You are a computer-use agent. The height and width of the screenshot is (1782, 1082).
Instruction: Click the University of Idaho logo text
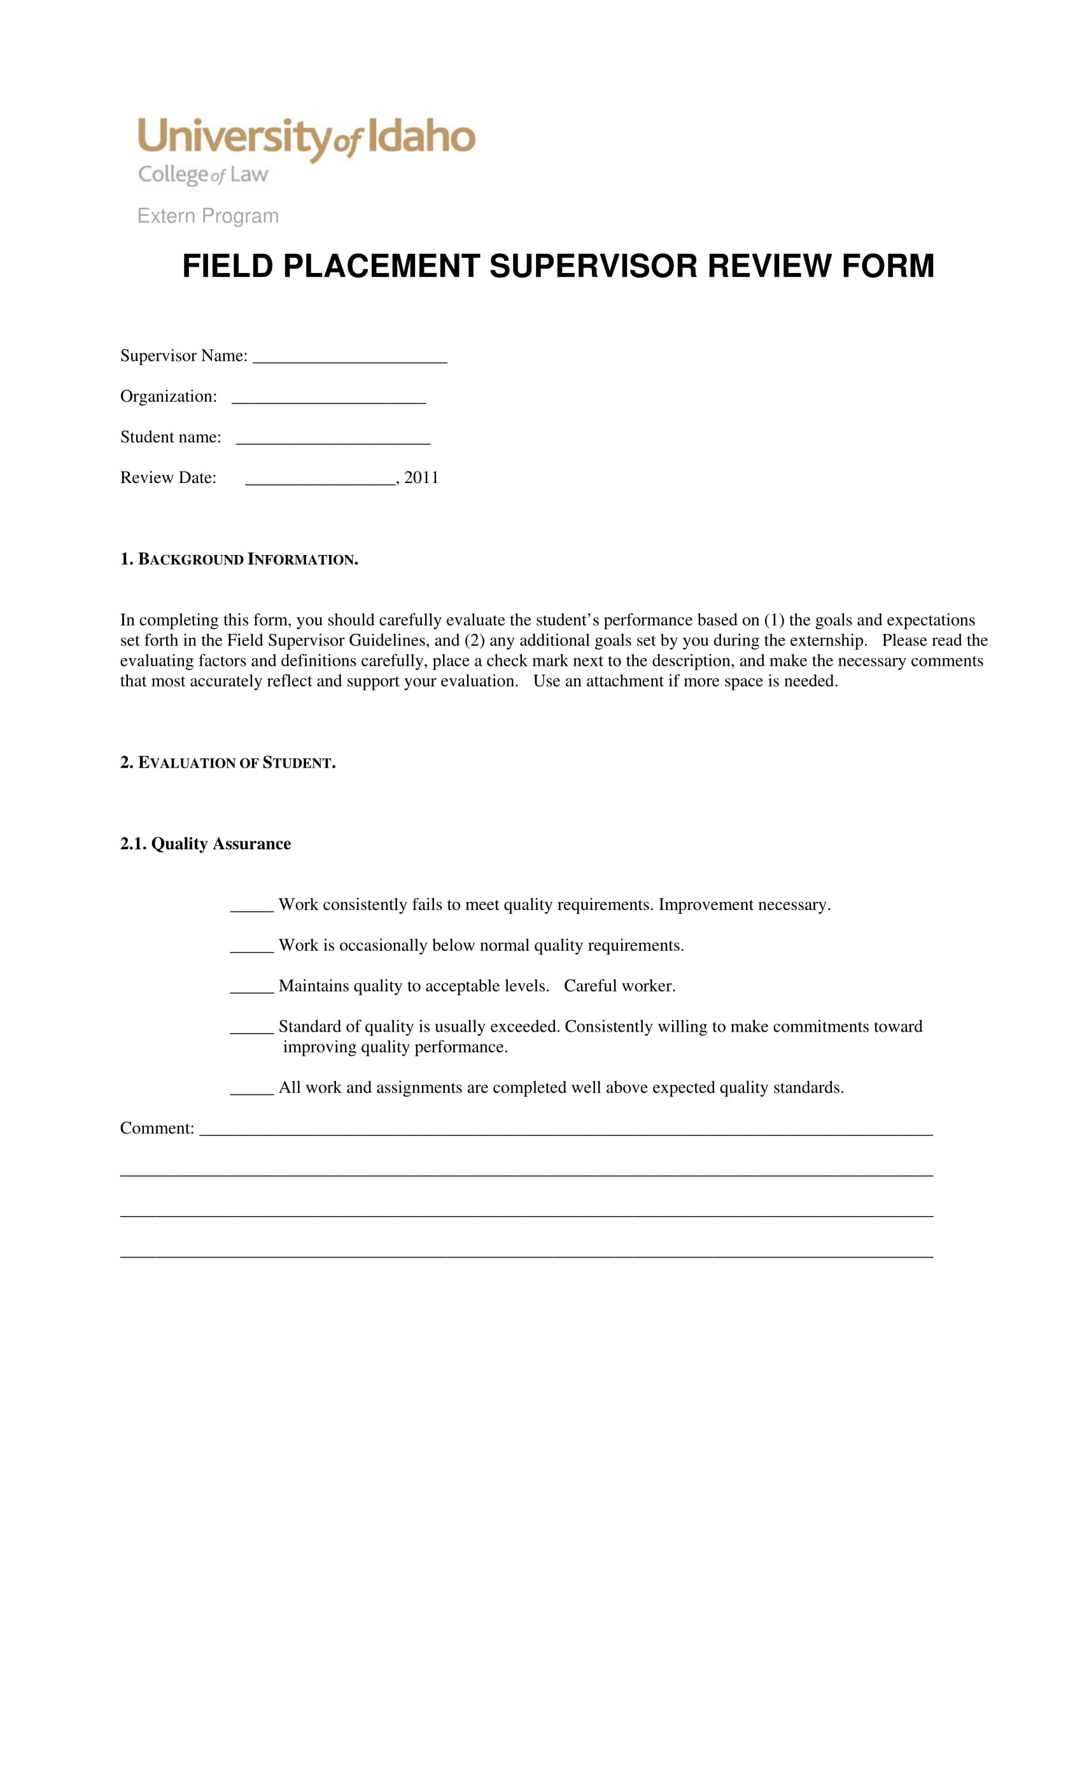click(x=306, y=137)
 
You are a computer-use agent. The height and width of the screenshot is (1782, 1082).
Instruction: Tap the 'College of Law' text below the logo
click(x=203, y=174)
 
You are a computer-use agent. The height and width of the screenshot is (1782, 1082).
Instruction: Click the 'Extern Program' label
click(x=207, y=216)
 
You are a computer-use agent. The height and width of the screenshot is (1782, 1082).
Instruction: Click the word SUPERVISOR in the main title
click(x=593, y=266)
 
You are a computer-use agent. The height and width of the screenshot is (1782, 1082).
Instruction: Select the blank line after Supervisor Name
click(x=349, y=357)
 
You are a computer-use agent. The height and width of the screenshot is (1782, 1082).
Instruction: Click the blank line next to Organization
click(x=328, y=398)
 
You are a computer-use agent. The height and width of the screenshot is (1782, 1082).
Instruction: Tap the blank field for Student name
click(x=333, y=438)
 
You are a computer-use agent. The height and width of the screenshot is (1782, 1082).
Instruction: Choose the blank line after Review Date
click(x=320, y=479)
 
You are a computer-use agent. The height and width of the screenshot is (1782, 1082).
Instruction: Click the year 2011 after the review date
click(x=421, y=477)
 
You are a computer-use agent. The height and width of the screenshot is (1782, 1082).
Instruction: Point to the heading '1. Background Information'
click(x=239, y=559)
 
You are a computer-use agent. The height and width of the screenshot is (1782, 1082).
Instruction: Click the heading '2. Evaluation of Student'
click(x=228, y=762)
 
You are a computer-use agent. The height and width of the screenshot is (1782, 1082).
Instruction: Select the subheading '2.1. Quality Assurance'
click(x=206, y=843)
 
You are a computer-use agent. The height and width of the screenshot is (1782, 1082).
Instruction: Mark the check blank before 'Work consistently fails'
click(x=251, y=906)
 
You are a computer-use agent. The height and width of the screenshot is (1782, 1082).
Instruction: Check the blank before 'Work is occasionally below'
click(x=251, y=947)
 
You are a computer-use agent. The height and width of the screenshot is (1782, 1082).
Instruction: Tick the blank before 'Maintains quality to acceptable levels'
click(x=251, y=987)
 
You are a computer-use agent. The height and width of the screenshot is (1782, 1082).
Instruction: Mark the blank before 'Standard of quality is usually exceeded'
click(x=251, y=1028)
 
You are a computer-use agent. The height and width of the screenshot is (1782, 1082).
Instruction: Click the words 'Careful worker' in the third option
click(x=619, y=986)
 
